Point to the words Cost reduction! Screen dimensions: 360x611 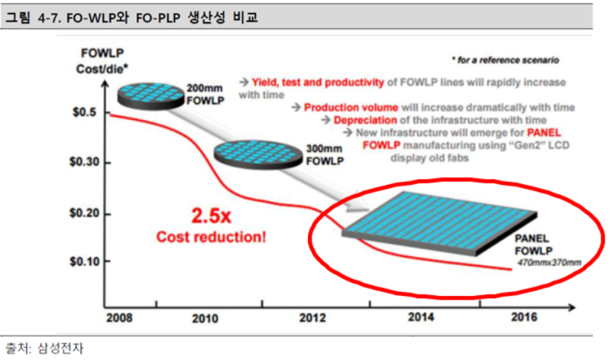point(212,237)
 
